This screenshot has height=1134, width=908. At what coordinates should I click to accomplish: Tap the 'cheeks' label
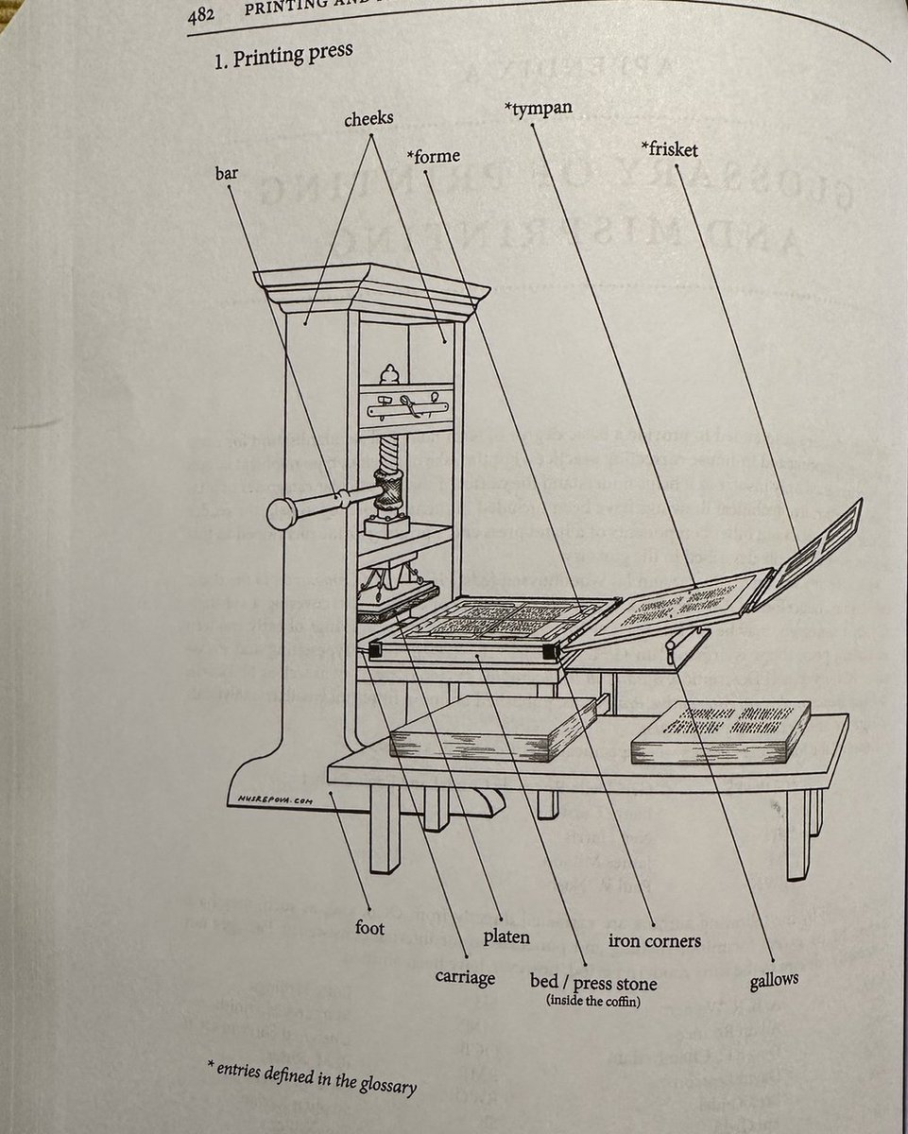point(368,119)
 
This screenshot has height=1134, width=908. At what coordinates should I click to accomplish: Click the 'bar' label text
point(227,174)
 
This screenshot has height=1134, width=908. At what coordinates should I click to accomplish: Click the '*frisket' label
point(669,148)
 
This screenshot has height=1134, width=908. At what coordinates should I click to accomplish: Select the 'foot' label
point(369,928)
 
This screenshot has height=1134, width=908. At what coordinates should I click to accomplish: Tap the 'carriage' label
point(465,976)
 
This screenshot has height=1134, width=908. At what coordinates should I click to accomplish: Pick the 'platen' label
point(505,937)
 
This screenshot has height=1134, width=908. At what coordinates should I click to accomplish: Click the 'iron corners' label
point(654,940)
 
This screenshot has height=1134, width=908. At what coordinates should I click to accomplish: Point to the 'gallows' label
point(774,980)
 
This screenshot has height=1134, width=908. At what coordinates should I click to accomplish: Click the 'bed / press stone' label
point(593,984)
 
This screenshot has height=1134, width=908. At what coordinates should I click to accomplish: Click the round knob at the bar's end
point(283,513)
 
